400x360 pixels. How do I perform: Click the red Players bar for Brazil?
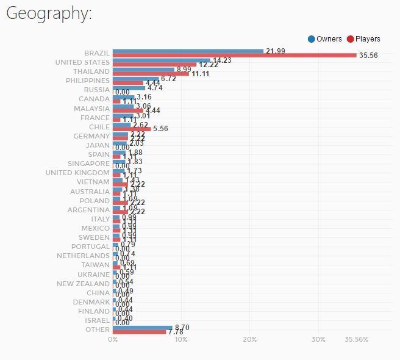234,56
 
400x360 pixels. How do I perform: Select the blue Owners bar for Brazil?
188,51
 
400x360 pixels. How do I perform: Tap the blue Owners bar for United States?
161,60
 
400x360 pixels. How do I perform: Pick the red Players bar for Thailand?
151,74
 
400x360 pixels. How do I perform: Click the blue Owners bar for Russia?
129,87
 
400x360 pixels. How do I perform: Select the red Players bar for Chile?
132,129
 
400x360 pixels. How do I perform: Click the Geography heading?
49,14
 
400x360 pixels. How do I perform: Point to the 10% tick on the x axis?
180,339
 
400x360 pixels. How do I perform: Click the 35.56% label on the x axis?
356,339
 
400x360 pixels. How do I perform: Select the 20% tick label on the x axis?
249,339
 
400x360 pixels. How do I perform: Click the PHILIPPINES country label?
88,81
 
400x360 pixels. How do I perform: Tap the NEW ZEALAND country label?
84,284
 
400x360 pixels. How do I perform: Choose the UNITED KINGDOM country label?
77,173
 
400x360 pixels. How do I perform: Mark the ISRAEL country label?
98,320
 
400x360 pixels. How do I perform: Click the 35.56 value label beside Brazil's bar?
368,56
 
